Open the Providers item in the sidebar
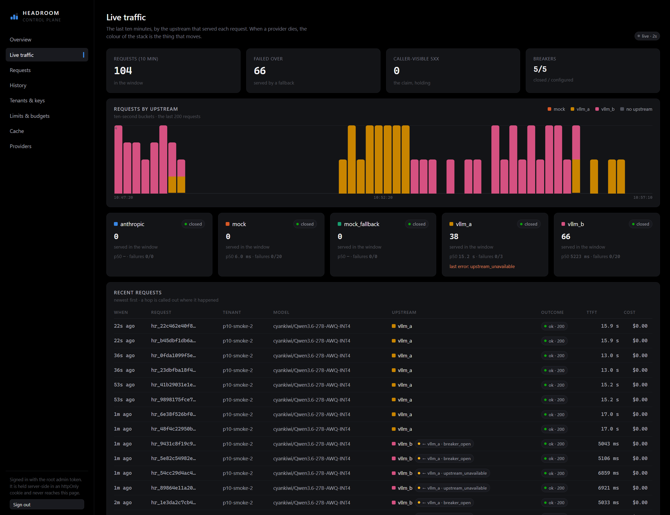pyautogui.click(x=21, y=146)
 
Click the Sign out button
pyautogui.click(x=47, y=504)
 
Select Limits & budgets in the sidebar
pyautogui.click(x=29, y=116)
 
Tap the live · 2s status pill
pyautogui.click(x=647, y=36)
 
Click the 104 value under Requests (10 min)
pyautogui.click(x=123, y=71)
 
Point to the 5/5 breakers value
pyautogui.click(x=540, y=69)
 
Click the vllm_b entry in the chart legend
pyautogui.click(x=605, y=109)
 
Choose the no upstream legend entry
pyautogui.click(x=636, y=109)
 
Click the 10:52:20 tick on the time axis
pyautogui.click(x=383, y=197)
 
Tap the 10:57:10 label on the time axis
pyautogui.click(x=643, y=197)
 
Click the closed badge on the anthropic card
pyautogui.click(x=193, y=224)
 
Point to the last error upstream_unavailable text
pyautogui.click(x=482, y=266)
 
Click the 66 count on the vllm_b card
pyautogui.click(x=566, y=236)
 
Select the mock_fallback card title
pyautogui.click(x=362, y=224)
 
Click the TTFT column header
pyautogui.click(x=592, y=312)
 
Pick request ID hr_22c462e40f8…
pyautogui.click(x=173, y=326)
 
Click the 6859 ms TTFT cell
pyautogui.click(x=608, y=473)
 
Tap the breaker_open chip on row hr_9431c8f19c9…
pyautogui.click(x=444, y=444)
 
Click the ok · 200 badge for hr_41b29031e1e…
pyautogui.click(x=554, y=385)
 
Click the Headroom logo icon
pyautogui.click(x=14, y=17)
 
